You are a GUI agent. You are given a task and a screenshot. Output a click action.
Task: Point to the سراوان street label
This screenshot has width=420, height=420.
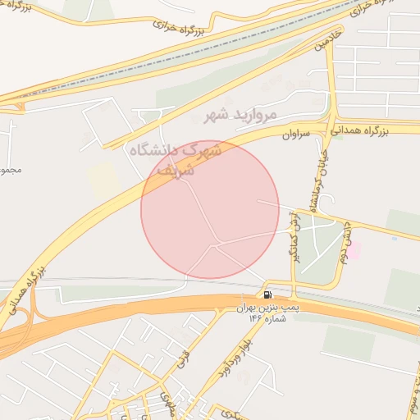click(297, 134)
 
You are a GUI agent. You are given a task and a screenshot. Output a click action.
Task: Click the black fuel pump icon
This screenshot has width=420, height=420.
click(268, 294)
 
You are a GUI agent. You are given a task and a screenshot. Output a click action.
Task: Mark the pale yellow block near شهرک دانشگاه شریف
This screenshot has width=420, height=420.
click(104, 179)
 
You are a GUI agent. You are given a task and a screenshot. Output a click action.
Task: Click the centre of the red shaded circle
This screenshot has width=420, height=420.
click(210, 209)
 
